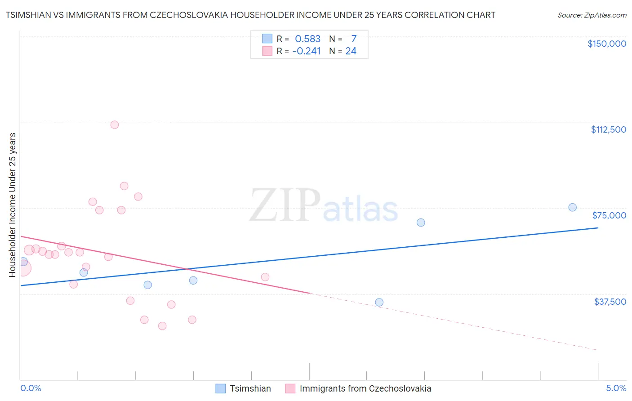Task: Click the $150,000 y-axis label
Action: (606, 44)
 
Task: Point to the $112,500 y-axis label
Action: (608, 129)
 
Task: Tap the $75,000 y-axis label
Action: (609, 215)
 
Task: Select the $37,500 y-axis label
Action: (610, 302)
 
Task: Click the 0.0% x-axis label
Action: (31, 388)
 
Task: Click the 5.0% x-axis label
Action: (616, 388)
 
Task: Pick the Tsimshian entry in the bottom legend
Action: (244, 388)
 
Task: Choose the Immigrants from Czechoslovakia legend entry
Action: (358, 388)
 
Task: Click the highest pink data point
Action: (115, 125)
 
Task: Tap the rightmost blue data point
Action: (572, 207)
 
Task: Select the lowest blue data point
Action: (379, 302)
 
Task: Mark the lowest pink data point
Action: (162, 326)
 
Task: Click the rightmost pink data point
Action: (265, 277)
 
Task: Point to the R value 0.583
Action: (307, 39)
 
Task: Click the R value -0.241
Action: (307, 51)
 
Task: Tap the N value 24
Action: (351, 51)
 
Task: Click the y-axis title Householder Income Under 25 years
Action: (12, 205)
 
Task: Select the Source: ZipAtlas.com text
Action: (592, 15)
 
